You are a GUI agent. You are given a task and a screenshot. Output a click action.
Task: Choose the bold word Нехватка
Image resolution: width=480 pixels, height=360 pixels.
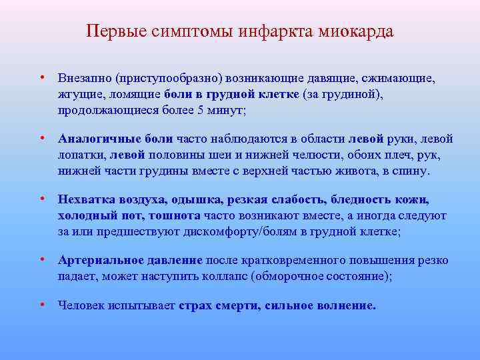[85, 199]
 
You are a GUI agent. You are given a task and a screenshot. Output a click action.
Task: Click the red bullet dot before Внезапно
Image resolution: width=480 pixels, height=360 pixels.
[41, 78]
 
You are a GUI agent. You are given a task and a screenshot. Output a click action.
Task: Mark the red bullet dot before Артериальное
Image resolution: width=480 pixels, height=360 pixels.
[41, 259]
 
